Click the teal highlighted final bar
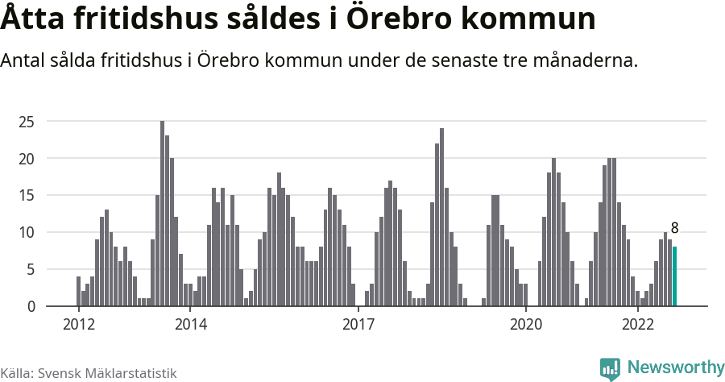coord(675,276)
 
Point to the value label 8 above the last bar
coord(675,228)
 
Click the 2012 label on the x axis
coord(78,325)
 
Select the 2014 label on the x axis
coord(190,325)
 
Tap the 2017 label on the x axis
coord(358,325)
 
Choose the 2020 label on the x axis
coord(525,325)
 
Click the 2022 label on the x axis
coord(637,325)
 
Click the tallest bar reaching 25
coord(162,214)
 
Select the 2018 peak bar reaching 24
coord(441,218)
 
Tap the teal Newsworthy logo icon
coord(610,368)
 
